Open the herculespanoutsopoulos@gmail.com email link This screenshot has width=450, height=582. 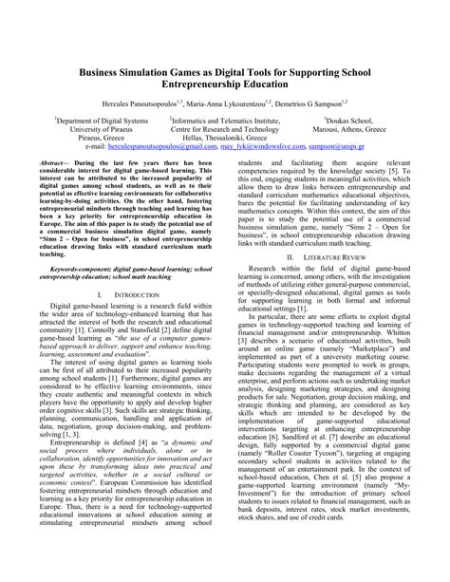pos(144,149)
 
